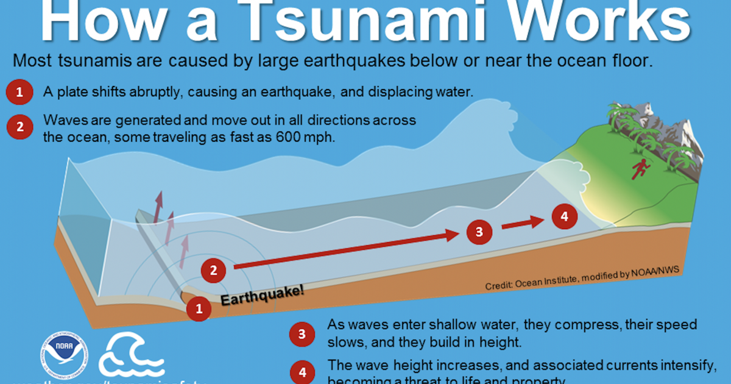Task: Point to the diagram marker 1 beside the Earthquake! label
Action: pyautogui.click(x=199, y=309)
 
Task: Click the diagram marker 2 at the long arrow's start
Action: pyautogui.click(x=213, y=270)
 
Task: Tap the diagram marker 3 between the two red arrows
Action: pyautogui.click(x=479, y=231)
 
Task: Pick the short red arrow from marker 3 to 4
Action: pyautogui.click(x=521, y=223)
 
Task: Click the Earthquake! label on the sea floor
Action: pyautogui.click(x=261, y=296)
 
